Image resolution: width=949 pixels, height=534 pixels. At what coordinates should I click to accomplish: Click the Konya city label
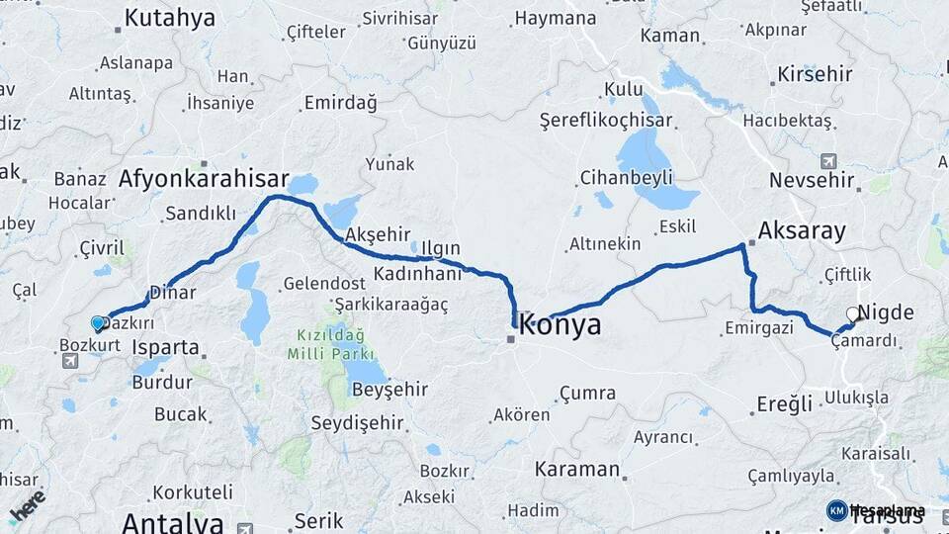point(561,324)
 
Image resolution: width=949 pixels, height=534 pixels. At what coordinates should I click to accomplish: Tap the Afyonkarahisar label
point(204,180)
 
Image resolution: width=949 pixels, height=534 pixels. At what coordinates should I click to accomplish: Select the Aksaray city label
point(802,231)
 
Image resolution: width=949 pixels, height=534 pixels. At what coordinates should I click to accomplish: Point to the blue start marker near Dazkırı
point(98,323)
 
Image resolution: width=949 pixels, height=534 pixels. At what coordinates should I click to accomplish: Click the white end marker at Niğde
point(853,314)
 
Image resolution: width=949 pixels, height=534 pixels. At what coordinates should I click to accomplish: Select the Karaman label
point(577,469)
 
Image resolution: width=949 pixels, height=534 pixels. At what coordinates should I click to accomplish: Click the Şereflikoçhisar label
point(606,121)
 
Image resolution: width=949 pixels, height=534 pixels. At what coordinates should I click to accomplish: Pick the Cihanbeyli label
point(626,177)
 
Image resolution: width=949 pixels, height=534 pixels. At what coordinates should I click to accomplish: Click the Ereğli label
point(784,403)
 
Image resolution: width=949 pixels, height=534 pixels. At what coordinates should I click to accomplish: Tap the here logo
point(27,504)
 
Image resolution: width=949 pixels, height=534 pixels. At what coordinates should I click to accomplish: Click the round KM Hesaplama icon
point(836,510)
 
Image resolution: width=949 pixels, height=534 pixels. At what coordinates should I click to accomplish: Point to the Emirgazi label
point(758,327)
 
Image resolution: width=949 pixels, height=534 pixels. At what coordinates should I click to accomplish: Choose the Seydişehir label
point(357,423)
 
